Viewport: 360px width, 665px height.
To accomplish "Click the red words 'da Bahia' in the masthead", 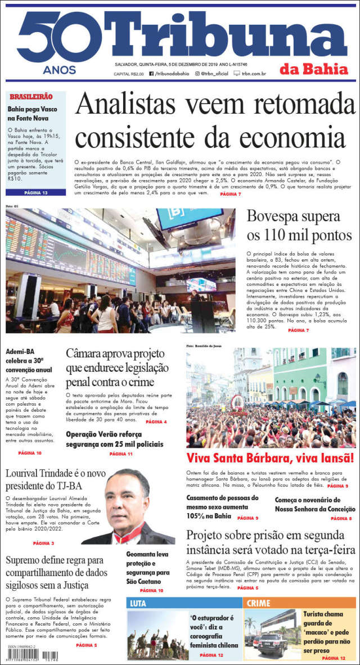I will pos(318,69).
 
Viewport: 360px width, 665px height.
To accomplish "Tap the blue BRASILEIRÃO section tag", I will pos(31,97).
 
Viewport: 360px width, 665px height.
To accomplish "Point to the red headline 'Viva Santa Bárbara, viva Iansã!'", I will pos(270,457).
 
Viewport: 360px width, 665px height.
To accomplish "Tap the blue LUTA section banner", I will pos(138,603).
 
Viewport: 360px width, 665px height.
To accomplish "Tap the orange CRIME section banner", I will pos(258,603).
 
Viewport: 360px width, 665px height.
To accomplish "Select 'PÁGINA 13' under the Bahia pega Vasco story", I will pos(36,193).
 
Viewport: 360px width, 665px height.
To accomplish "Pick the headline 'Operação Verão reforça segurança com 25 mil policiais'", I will pos(115,439).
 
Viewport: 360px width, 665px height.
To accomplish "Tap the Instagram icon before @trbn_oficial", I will pos(197,74).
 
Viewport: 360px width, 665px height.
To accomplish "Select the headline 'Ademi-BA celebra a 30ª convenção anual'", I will pos(29,361).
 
